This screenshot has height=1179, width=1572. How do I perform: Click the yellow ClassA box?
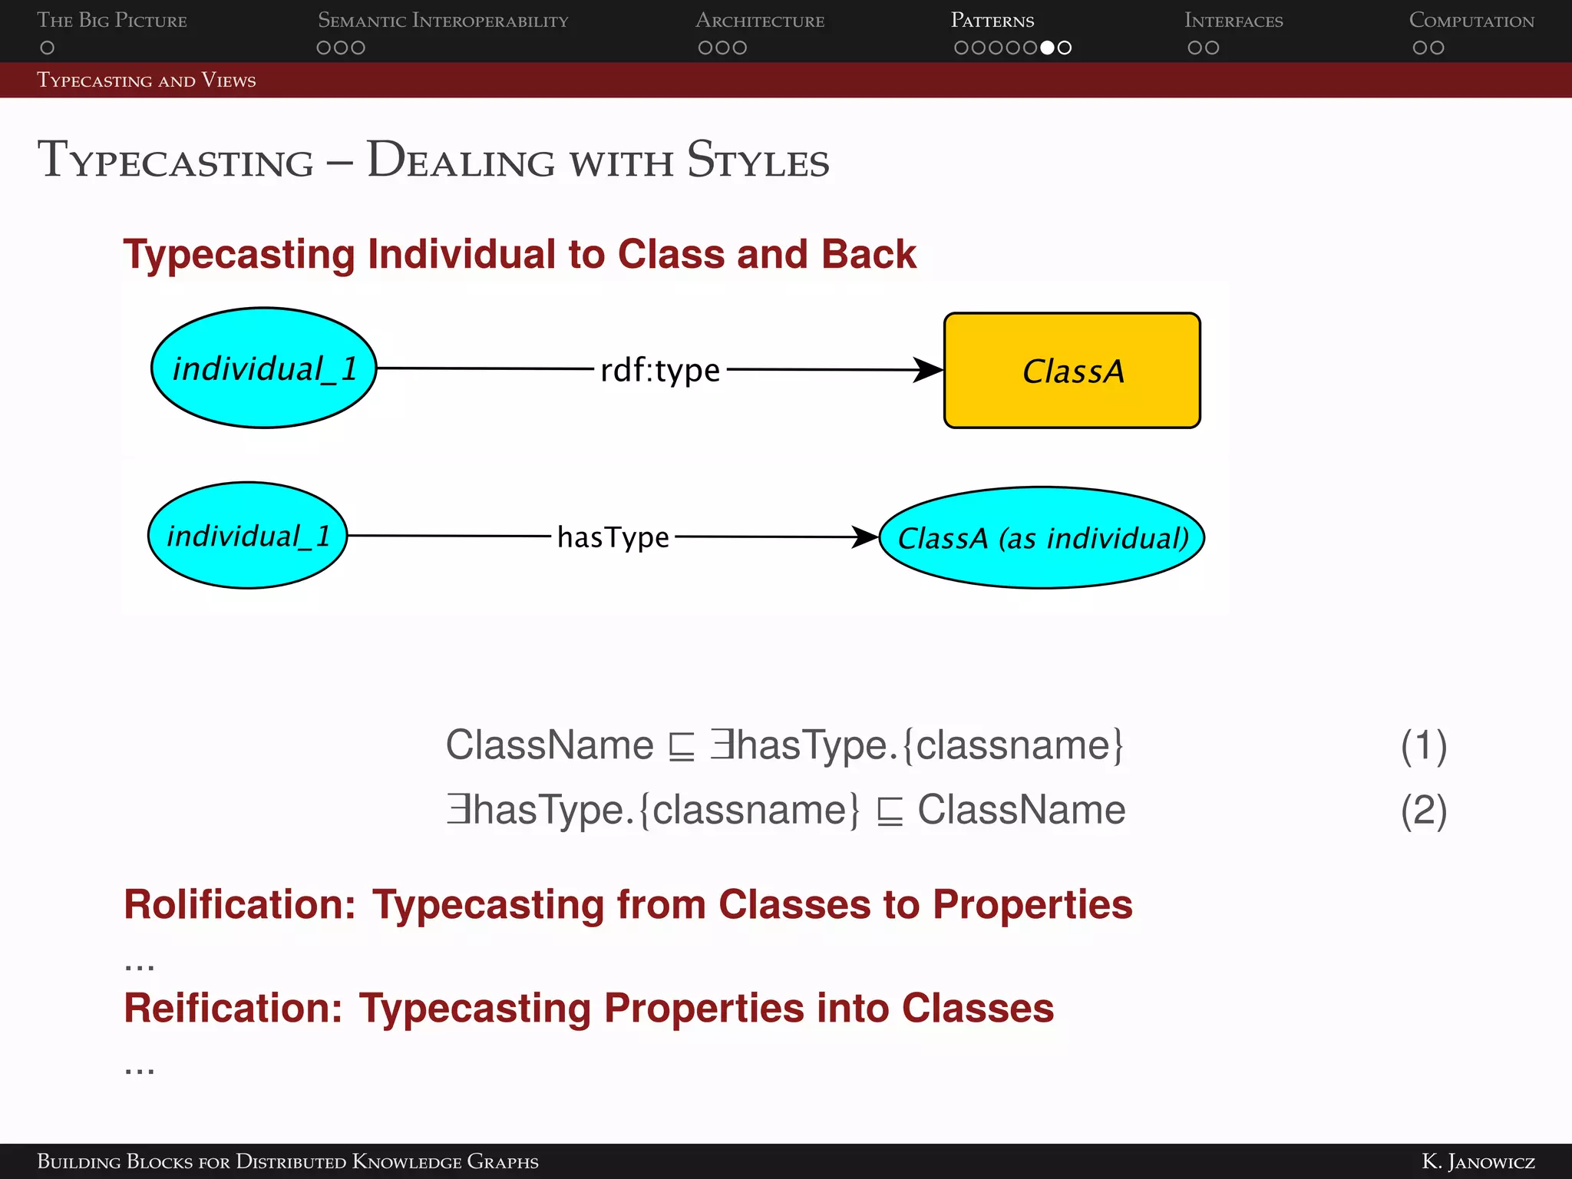click(x=1072, y=370)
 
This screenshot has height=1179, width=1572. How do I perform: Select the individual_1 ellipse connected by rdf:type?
click(x=263, y=368)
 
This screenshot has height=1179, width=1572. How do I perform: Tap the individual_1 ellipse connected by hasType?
click(x=247, y=535)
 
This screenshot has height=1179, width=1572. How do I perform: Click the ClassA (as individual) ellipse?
click(x=1042, y=537)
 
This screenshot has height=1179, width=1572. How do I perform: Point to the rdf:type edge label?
click(x=659, y=370)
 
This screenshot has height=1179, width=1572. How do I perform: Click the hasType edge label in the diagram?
click(x=613, y=537)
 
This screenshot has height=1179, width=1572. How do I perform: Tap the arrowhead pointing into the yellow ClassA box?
click(x=928, y=370)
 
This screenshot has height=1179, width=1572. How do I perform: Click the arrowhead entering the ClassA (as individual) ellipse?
click(x=865, y=537)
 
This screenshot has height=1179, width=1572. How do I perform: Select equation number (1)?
click(x=1423, y=746)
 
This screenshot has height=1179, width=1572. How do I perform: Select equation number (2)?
click(x=1423, y=811)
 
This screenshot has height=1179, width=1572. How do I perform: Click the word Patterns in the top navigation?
click(x=992, y=21)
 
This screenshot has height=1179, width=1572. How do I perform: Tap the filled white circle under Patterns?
click(x=1047, y=48)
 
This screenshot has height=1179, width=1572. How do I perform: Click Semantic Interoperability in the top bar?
click(x=443, y=21)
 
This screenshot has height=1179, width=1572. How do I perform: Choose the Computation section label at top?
click(x=1471, y=21)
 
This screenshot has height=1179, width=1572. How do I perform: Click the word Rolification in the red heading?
click(x=239, y=904)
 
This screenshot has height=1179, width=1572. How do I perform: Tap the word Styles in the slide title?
click(x=758, y=160)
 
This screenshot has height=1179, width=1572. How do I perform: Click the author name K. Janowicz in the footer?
click(x=1478, y=1161)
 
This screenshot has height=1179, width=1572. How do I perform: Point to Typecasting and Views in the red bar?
click(x=147, y=81)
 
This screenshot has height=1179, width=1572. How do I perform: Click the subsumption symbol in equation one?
click(x=681, y=747)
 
